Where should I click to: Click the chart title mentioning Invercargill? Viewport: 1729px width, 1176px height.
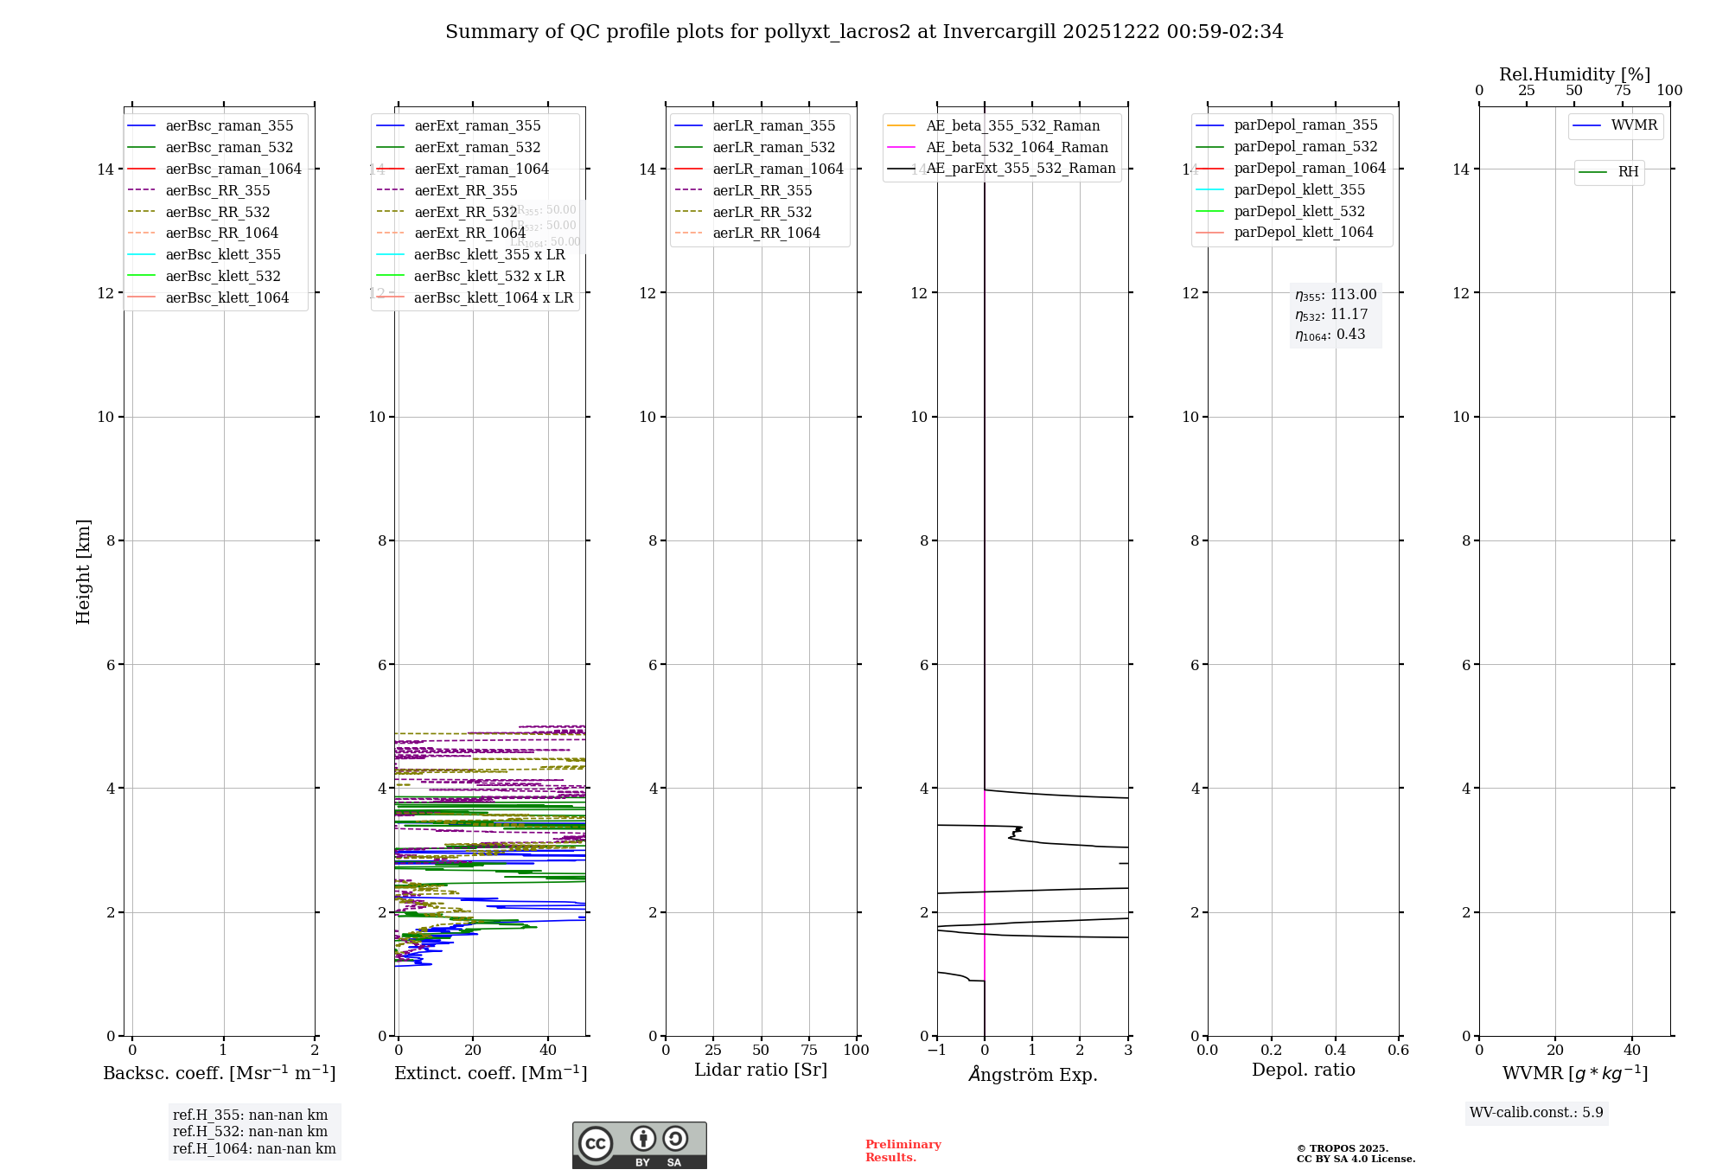(864, 32)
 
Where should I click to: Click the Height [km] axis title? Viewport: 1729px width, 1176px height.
(83, 571)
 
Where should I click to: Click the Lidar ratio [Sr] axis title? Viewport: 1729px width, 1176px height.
(761, 1071)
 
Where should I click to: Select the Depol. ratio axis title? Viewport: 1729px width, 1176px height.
(1303, 1071)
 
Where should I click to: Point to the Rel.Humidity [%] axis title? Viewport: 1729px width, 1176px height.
(1574, 74)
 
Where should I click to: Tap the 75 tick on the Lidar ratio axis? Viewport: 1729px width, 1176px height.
(809, 1051)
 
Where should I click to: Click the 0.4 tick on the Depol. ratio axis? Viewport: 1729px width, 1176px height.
(1335, 1051)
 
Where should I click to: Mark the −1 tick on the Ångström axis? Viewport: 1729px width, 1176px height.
(936, 1051)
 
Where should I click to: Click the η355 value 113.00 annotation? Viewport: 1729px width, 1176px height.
(1336, 295)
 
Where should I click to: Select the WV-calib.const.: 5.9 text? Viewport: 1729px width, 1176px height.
(1536, 1113)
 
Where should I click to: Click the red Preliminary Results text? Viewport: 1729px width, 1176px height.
(903, 1151)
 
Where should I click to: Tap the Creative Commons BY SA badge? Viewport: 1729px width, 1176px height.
(639, 1145)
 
